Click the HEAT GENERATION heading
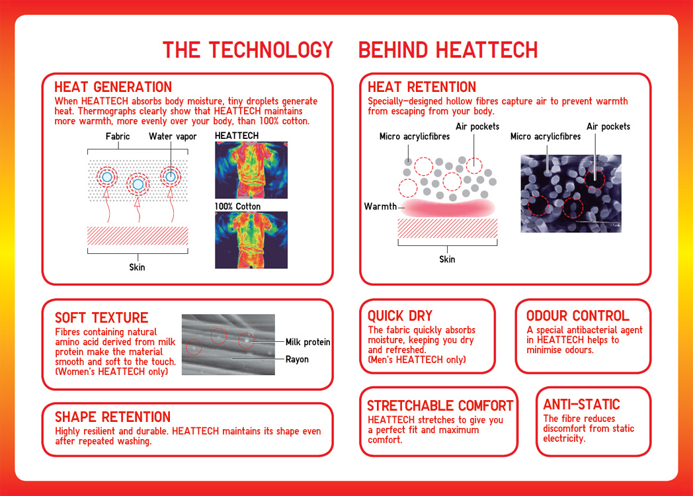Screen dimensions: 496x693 113,87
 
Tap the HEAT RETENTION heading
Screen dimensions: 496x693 421,87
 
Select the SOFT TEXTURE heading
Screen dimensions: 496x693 101,317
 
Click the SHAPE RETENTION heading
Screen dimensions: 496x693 112,417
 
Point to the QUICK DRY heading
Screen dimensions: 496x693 399,316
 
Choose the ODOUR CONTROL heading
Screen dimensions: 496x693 577,316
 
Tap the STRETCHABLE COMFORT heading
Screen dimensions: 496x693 440,405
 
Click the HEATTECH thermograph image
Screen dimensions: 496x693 251,170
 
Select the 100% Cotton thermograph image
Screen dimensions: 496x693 251,239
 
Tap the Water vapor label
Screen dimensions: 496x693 173,137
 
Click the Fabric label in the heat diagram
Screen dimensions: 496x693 118,137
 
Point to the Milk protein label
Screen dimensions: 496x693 307,342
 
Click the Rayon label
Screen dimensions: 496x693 297,360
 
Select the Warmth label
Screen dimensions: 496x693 380,207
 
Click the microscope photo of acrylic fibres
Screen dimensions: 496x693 571,193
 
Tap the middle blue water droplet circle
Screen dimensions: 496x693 138,185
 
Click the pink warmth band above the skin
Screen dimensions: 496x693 447,208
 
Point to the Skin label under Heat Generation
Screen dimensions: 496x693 137,267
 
